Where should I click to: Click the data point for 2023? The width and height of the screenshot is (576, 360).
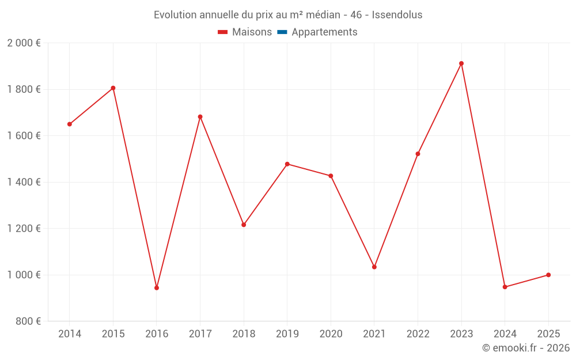461,63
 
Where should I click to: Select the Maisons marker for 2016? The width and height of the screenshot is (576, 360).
157,287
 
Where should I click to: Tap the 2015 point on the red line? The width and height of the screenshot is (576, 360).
113,88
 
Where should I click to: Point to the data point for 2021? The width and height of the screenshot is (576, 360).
374,267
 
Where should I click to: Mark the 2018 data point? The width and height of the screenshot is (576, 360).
244,225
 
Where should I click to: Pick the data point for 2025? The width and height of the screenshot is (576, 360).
548,275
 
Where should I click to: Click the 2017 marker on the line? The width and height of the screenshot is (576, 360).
200,117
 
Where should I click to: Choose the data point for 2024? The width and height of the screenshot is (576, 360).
505,287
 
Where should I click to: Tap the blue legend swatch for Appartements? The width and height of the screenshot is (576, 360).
282,32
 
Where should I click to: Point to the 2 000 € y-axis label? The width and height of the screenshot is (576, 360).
24,43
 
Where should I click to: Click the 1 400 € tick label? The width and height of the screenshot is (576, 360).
24,182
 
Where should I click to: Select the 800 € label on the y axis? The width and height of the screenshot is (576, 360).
28,321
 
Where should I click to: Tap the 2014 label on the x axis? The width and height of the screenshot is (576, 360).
70,334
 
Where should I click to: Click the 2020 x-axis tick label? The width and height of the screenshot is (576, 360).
331,334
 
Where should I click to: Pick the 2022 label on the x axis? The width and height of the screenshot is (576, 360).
418,334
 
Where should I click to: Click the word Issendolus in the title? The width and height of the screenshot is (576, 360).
397,15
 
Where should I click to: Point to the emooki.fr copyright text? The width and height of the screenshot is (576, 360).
526,348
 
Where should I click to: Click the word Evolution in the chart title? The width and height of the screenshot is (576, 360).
175,15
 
